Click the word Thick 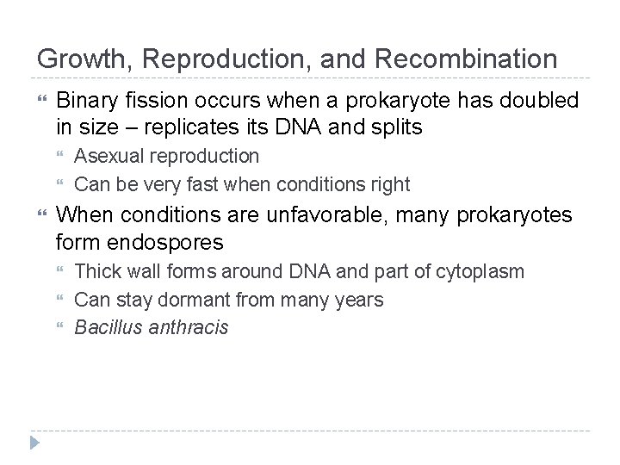pyautogui.click(x=96, y=272)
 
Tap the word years pyautogui.click(x=359, y=300)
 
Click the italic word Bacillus pyautogui.click(x=106, y=327)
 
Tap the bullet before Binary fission pyautogui.click(x=43, y=100)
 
